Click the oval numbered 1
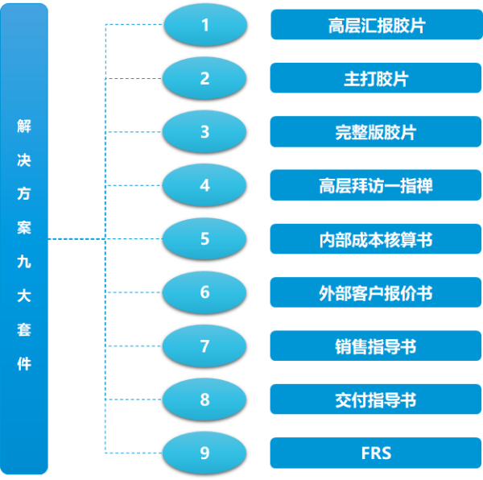tap(204, 25)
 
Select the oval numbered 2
tap(204, 78)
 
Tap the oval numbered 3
tap(204, 131)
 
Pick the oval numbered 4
tap(204, 185)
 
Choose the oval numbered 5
tap(204, 238)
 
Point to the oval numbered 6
tap(204, 292)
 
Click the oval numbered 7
tap(204, 346)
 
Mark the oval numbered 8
tap(204, 399)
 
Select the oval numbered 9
tap(204, 453)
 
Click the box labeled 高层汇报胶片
tap(375, 25)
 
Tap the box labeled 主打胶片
tap(375, 78)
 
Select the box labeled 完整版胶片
tap(375, 132)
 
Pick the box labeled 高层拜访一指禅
tap(375, 185)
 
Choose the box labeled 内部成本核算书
tap(375, 239)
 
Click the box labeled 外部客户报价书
tap(375, 292)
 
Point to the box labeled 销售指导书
tap(375, 346)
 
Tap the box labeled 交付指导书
tap(375, 399)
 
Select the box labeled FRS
tap(375, 453)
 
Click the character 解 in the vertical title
tap(24, 126)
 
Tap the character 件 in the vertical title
tap(24, 363)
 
